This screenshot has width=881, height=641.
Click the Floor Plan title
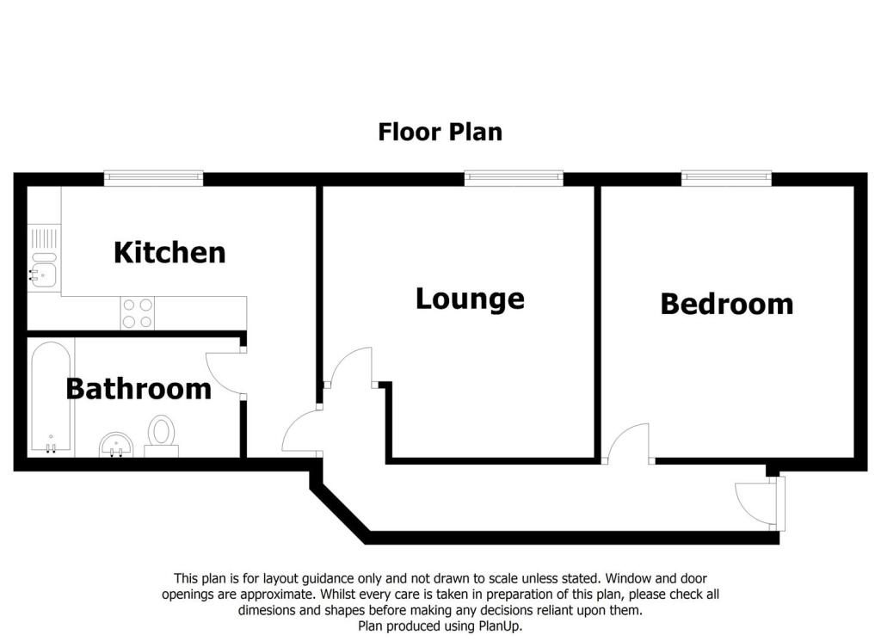(x=440, y=132)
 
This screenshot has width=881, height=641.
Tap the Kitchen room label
(x=169, y=252)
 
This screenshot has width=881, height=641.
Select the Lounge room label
(x=470, y=299)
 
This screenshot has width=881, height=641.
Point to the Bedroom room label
(x=726, y=304)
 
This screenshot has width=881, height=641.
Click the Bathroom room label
(x=139, y=389)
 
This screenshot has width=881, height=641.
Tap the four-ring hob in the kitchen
(x=138, y=313)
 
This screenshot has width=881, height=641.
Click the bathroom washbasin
(x=116, y=445)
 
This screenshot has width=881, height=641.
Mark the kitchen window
(x=153, y=178)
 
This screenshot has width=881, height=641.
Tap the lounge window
(x=514, y=178)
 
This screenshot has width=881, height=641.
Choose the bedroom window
(x=726, y=178)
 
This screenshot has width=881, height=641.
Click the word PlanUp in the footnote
(x=500, y=626)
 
